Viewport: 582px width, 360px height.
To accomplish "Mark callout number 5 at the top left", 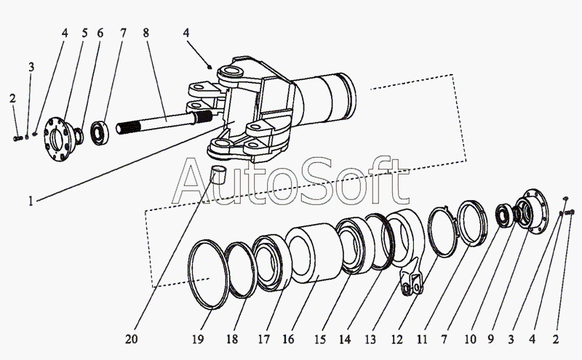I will pos(84,33).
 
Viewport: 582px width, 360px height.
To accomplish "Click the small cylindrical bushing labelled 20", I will pos(218,176).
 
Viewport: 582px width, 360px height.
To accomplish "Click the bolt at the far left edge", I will pos(17,137).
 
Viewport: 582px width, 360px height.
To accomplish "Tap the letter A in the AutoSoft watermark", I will pos(195,185).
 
